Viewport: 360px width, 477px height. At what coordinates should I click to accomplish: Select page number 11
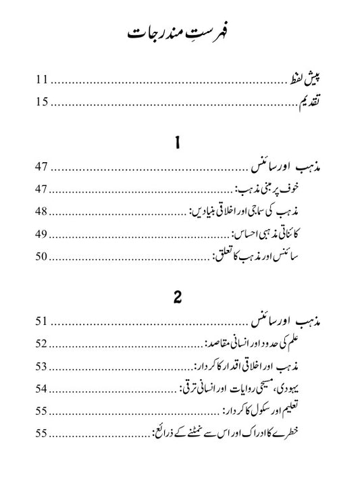tap(42, 81)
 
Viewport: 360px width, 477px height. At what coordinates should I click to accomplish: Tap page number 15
tap(42, 103)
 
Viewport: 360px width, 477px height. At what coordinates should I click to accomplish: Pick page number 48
tap(42, 212)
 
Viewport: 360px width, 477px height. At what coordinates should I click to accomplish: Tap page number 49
tap(42, 234)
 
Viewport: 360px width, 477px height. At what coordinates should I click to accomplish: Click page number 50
tap(42, 256)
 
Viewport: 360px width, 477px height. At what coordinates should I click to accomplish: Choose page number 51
tap(42, 322)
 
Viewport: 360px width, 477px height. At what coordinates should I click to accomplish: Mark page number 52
tap(42, 344)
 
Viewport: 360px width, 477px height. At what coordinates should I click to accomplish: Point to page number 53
tap(42, 366)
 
